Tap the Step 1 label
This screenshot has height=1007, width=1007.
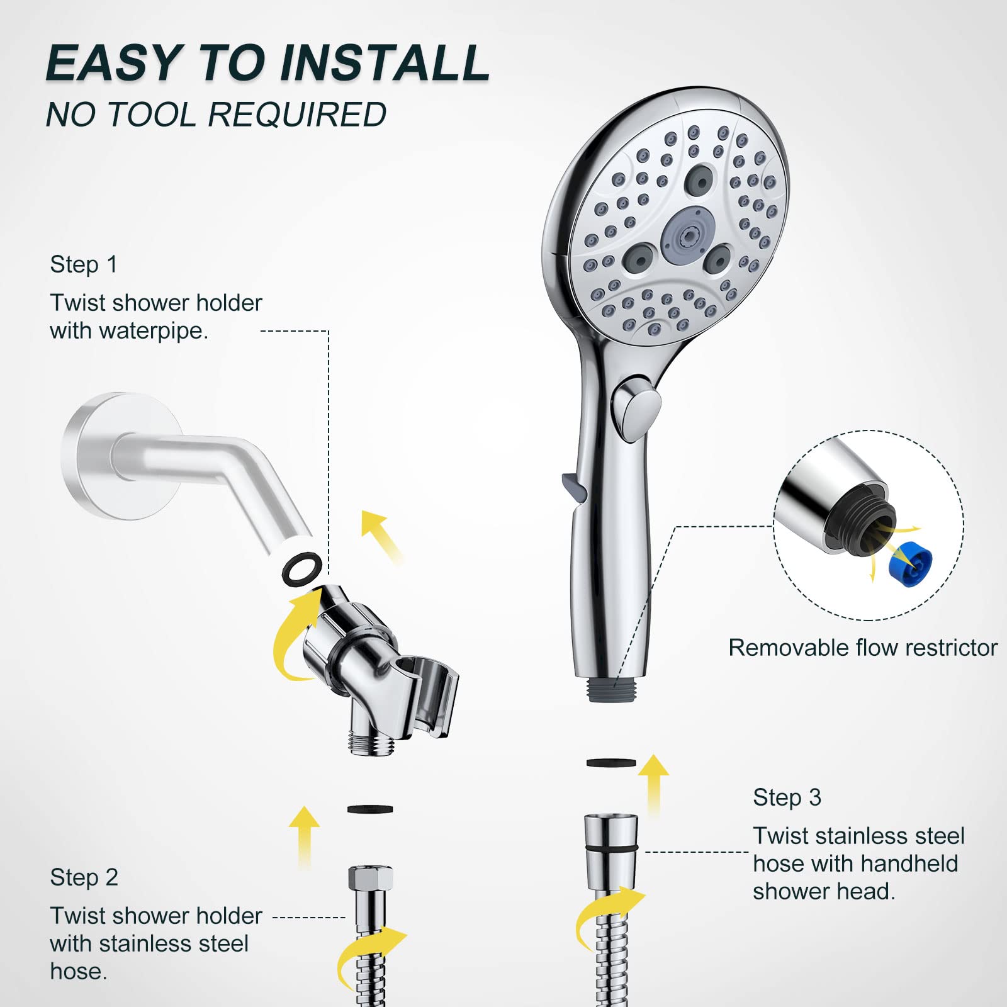84,264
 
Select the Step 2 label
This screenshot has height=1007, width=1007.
84,877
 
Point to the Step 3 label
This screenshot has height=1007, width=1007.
787,797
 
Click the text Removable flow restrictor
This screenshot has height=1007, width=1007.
862,648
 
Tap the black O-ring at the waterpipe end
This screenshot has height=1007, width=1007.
301,568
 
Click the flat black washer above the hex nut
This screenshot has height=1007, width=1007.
370,809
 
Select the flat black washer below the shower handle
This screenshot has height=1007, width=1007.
610,763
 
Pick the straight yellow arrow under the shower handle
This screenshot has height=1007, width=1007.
655,784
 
